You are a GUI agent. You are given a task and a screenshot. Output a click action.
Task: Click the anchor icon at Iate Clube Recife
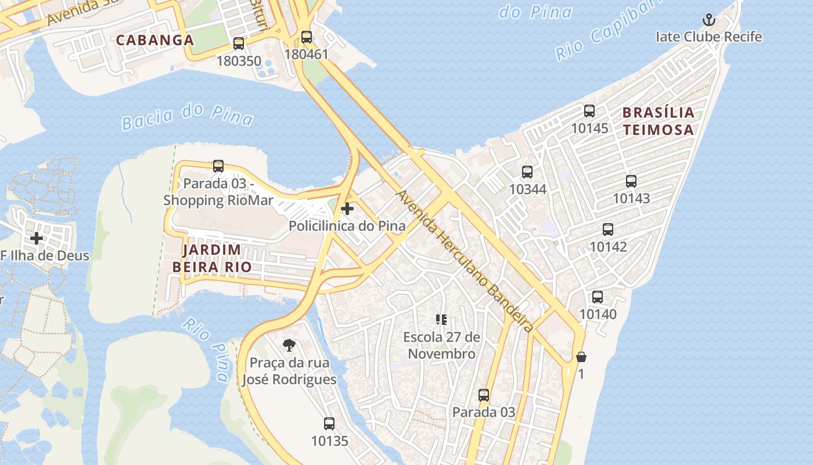pyautogui.click(x=708, y=20)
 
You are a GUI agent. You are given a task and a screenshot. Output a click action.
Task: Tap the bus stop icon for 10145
pyautogui.click(x=589, y=111)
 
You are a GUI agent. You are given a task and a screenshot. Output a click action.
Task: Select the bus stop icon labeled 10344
pyautogui.click(x=527, y=172)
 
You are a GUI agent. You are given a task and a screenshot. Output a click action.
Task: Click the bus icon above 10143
pyautogui.click(x=631, y=181)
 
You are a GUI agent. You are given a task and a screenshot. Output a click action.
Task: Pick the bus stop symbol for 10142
pyautogui.click(x=608, y=230)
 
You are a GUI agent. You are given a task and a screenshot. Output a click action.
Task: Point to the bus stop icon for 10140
pyautogui.click(x=598, y=297)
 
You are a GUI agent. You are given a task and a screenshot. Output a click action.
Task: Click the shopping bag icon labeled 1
pyautogui.click(x=581, y=357)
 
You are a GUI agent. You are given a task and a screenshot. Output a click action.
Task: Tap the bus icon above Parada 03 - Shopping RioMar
pyautogui.click(x=218, y=166)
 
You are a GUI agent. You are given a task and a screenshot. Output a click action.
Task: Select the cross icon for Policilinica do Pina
pyautogui.click(x=347, y=209)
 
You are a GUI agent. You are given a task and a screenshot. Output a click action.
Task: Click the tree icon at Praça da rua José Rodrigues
pyautogui.click(x=289, y=345)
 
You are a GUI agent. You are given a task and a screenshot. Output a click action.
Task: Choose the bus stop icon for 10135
pyautogui.click(x=329, y=424)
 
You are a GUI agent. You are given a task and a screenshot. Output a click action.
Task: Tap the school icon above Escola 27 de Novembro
pyautogui.click(x=441, y=320)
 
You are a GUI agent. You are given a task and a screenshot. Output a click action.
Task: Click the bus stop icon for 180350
pyautogui.click(x=239, y=44)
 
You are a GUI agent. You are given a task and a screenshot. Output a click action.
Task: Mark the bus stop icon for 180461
pyautogui.click(x=307, y=37)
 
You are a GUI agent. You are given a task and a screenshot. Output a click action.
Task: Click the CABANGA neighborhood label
pyautogui.click(x=154, y=40)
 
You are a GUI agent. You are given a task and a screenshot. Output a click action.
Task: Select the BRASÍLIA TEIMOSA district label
pyautogui.click(x=659, y=121)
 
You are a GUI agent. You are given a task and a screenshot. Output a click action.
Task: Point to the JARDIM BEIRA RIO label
pyautogui.click(x=212, y=258)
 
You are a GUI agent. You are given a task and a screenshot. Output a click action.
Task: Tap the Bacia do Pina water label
pyautogui.click(x=188, y=115)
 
